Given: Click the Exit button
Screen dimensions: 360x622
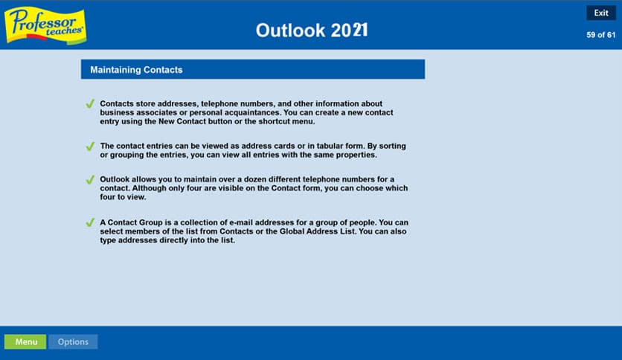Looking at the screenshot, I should coord(600,13).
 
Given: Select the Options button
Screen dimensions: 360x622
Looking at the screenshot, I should coord(73,342).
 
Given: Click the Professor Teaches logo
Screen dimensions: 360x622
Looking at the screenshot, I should coord(45,25).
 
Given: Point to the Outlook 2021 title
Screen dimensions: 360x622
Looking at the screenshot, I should coord(311,30).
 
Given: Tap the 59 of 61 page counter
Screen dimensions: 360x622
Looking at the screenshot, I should coord(600,35).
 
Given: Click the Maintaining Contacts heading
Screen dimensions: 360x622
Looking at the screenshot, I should coord(136,70).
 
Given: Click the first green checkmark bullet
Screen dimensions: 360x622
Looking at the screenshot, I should coord(90,104).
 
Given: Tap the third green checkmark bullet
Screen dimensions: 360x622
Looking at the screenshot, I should coord(90,180).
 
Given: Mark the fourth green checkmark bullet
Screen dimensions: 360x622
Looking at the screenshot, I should coord(90,222).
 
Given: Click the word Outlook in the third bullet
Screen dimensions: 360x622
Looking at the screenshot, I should coord(116,180).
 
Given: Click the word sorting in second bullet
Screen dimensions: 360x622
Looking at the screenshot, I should coord(391,146).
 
